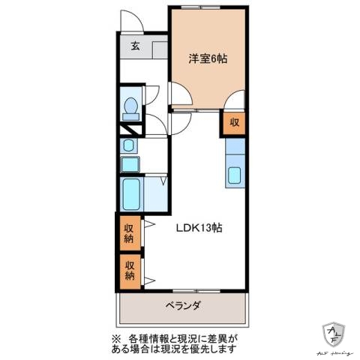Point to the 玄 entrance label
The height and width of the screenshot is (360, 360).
pyautogui.click(x=136, y=46)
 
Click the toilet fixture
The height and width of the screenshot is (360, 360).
pyautogui.click(x=130, y=108)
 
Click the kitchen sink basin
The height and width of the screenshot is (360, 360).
pyautogui.click(x=234, y=178)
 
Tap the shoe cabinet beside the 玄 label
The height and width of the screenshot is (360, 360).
pyautogui.click(x=158, y=50)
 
